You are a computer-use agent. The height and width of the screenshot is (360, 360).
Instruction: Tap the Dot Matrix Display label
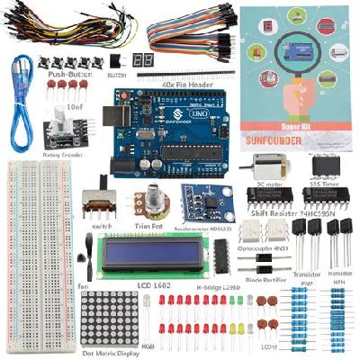click(x=111, y=354)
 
